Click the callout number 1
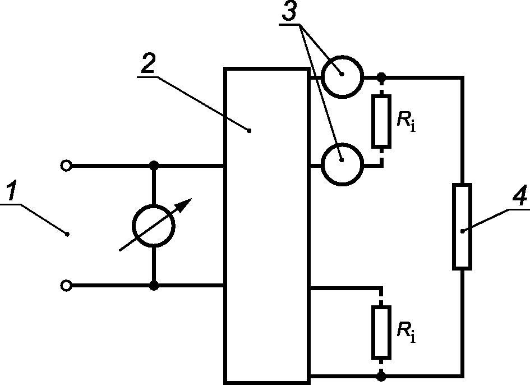tap(12, 190)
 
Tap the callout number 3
tap(289, 10)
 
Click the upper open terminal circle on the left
tap(66, 166)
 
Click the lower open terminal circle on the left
tap(66, 286)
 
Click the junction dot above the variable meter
tap(154, 166)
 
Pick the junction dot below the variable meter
tap(154, 286)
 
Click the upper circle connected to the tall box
tap(342, 77)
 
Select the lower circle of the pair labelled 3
tap(342, 164)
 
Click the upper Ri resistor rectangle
tap(381, 121)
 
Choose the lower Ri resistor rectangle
tap(381, 333)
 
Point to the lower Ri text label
tap(406, 333)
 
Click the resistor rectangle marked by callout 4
tap(462, 227)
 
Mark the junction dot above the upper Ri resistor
tap(381, 77)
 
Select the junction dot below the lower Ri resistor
tap(381, 375)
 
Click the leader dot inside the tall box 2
tap(250, 131)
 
